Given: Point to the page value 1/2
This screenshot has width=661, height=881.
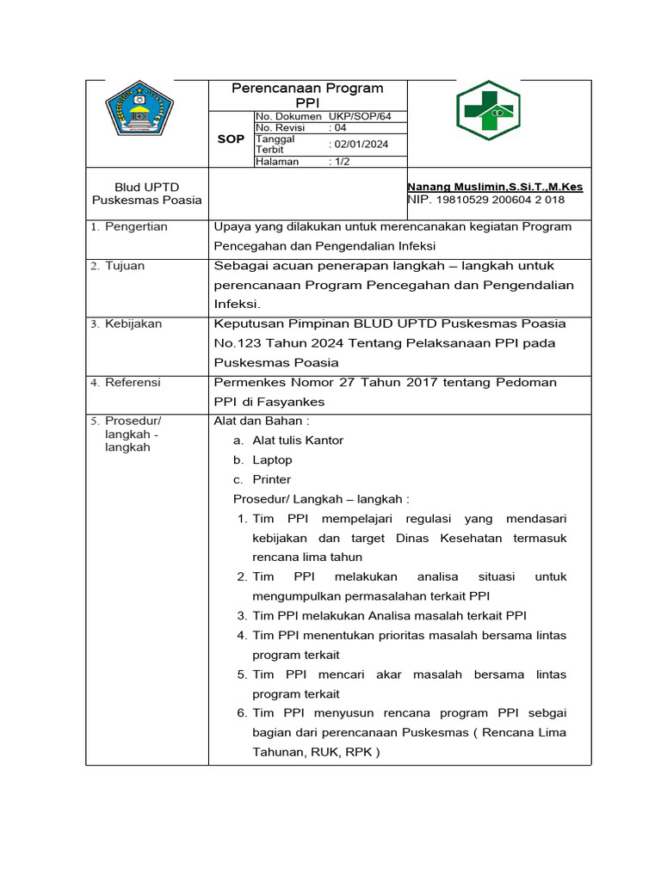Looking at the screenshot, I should coord(339,161).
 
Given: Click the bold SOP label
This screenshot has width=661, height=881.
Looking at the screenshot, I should coord(231,139).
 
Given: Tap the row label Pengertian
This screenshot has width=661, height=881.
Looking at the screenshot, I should coord(136,227).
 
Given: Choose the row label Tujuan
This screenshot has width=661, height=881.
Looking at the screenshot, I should coord(126,267).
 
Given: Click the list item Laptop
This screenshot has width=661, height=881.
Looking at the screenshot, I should coord(272,460).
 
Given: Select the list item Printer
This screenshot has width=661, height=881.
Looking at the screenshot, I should coord(272,480).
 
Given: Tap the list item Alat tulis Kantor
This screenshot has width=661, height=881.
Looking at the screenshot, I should coord(298,440).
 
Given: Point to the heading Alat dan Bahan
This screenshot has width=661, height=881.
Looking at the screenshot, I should coord(261,421).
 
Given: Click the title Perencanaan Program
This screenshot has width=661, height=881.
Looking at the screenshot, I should coord(308,89).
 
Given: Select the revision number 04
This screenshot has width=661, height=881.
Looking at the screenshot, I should coord(340,127).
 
